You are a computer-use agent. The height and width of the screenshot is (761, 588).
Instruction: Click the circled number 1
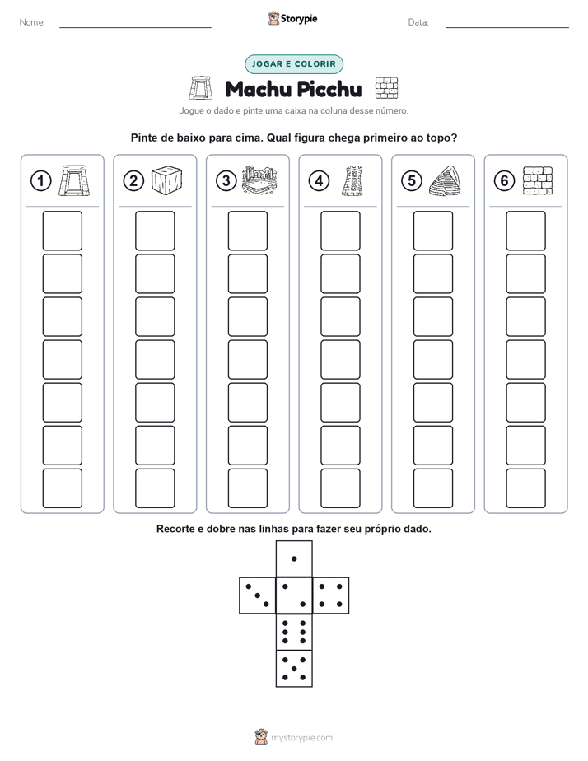tap(40, 181)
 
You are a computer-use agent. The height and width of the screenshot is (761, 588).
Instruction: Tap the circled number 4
tap(319, 181)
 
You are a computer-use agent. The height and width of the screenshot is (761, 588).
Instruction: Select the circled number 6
tap(504, 181)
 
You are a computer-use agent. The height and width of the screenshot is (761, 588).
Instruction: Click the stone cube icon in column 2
tap(167, 180)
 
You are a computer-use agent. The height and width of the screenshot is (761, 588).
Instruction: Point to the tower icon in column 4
tap(352, 181)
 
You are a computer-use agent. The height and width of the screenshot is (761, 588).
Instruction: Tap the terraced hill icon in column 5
tap(445, 180)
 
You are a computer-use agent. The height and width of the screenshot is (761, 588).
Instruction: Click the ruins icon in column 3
tap(259, 180)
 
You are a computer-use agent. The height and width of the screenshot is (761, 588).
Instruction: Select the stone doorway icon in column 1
tap(74, 180)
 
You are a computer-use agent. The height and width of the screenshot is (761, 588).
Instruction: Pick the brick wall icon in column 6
tap(538, 180)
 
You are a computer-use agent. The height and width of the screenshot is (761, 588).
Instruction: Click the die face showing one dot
tap(294, 558)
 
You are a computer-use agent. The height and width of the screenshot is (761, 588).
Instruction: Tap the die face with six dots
tap(294, 632)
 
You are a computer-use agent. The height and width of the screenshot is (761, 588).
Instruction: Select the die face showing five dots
tap(294, 668)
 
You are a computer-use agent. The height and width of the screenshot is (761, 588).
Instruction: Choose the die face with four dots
tap(331, 595)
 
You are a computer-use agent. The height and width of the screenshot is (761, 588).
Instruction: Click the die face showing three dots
tap(258, 595)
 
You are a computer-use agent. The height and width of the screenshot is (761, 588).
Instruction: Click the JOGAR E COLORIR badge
tap(294, 64)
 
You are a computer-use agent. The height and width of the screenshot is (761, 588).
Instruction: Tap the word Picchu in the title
tap(329, 89)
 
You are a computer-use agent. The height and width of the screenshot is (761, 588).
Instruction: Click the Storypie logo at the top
tap(292, 18)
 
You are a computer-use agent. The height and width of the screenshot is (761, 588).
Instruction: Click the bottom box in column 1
tap(62, 488)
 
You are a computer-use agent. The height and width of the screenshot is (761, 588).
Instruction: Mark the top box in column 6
tap(526, 231)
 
